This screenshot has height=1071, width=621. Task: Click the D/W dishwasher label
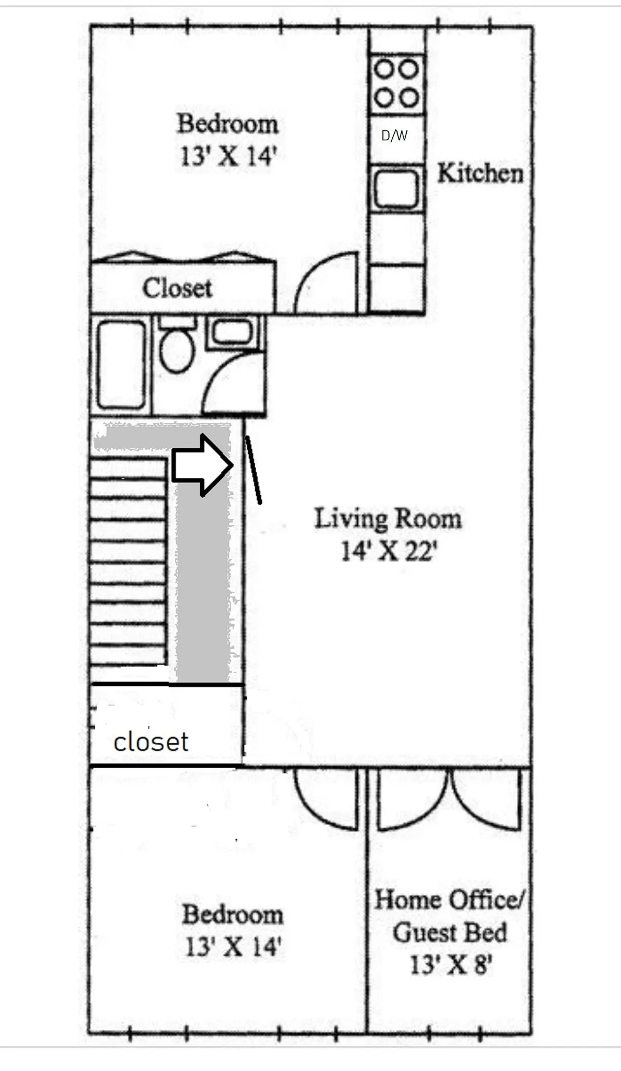point(394,136)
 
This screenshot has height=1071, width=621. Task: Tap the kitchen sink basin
point(396,188)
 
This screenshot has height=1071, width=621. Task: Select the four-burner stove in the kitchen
point(396,83)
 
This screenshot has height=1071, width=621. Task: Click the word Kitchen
point(480,173)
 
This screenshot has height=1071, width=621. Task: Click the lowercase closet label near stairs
point(151,742)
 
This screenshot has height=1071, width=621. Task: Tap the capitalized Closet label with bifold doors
point(177,288)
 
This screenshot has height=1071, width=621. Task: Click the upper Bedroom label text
point(228,124)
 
